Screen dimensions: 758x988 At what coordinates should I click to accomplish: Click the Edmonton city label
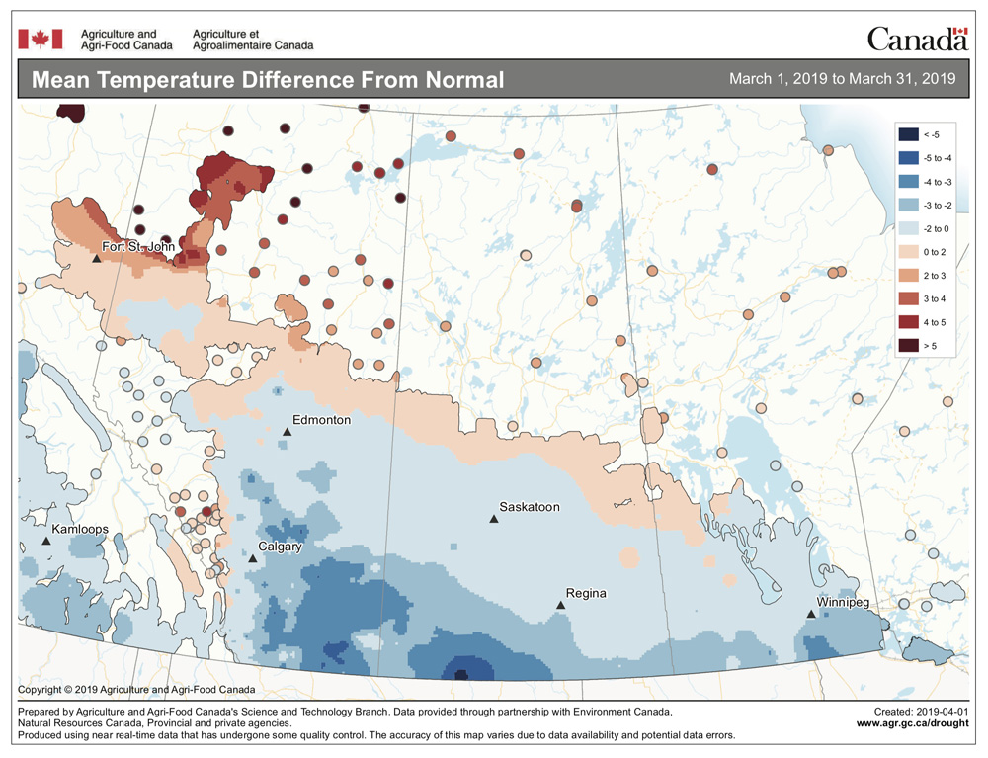click(321, 420)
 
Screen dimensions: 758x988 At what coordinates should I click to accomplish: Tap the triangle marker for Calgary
click(253, 559)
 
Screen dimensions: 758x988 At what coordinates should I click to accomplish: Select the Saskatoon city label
click(530, 507)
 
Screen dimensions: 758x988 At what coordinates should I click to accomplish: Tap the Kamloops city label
click(80, 529)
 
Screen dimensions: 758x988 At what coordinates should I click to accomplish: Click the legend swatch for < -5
click(906, 133)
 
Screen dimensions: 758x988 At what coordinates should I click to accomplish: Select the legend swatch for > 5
click(906, 345)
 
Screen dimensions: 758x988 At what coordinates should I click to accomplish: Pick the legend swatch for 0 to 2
click(906, 251)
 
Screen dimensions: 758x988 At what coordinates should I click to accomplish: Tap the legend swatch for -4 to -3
click(906, 181)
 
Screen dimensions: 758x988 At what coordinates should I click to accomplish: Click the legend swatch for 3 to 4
click(906, 298)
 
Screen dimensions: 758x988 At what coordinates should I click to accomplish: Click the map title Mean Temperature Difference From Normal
click(267, 80)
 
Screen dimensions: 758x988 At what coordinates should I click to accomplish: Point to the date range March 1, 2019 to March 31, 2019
click(842, 79)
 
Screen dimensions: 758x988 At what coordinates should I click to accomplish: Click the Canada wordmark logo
click(917, 39)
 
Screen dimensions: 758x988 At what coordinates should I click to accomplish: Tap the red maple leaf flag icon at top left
click(41, 39)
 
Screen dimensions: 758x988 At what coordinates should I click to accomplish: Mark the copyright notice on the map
click(136, 689)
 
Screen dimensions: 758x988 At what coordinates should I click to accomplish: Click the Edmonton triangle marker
click(288, 432)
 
